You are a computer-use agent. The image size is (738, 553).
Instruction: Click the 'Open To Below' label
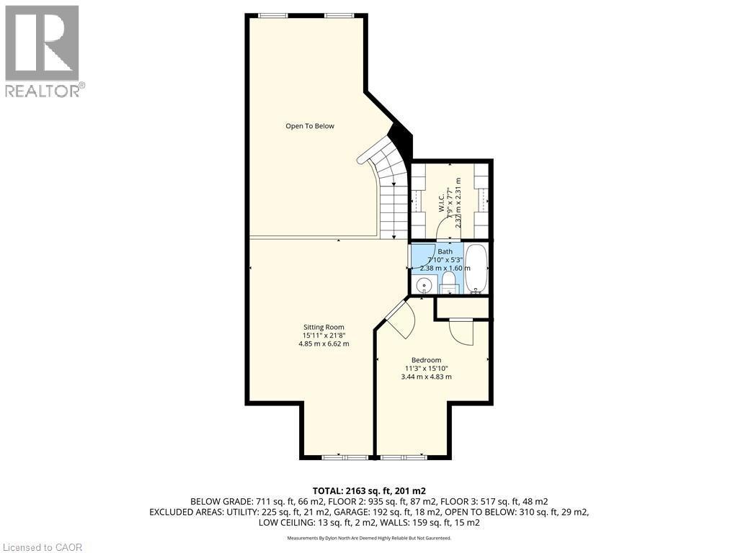pos(309,126)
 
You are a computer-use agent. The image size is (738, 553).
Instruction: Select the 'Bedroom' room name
pos(426,360)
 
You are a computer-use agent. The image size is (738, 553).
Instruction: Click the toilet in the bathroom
pos(448,281)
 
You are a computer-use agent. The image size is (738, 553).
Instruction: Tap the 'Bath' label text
pos(445,251)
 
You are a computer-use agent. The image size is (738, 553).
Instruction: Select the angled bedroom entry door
pos(399,318)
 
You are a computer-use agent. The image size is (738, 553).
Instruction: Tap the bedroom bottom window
pos(402,457)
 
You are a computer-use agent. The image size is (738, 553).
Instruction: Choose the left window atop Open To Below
pos(271,15)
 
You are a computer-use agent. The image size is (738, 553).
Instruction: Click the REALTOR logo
pos(43,50)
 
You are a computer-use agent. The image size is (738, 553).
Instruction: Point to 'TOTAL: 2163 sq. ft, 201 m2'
pos(368,490)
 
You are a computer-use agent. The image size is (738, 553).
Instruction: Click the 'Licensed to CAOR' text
pos(43,547)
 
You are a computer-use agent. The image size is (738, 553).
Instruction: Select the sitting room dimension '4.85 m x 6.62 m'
pos(324,344)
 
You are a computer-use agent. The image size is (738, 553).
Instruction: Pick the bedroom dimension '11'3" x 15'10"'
pos(426,369)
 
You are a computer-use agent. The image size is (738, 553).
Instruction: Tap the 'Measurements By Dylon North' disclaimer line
pos(368,538)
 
